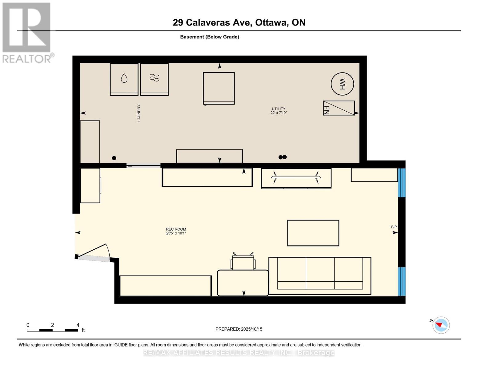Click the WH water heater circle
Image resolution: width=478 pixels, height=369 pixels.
coord(342,84)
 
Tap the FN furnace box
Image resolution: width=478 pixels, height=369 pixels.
coord(339,108)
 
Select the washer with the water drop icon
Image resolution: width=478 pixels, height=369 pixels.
coord(124,79)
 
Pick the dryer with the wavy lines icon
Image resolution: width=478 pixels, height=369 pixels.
coord(155,79)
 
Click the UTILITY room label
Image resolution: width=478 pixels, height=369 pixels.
coord(279,111)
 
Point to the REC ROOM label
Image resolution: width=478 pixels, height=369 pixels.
coord(176,231)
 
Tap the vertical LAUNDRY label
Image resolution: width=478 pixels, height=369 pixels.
coord(139,113)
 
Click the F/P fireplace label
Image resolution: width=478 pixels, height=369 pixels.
coord(394,227)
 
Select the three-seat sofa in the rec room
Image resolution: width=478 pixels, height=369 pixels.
coord(320,276)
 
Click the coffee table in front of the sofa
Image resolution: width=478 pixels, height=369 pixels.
coord(313,233)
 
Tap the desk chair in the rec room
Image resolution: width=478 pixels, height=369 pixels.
coord(243,261)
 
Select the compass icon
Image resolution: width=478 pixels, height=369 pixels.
coord(441,325)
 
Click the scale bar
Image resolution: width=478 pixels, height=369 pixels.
coord(52,330)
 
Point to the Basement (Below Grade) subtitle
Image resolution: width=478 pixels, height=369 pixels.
coord(210,37)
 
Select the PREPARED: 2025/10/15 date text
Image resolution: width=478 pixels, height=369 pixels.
coord(239,329)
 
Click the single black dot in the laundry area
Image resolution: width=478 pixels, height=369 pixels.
coord(114,158)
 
